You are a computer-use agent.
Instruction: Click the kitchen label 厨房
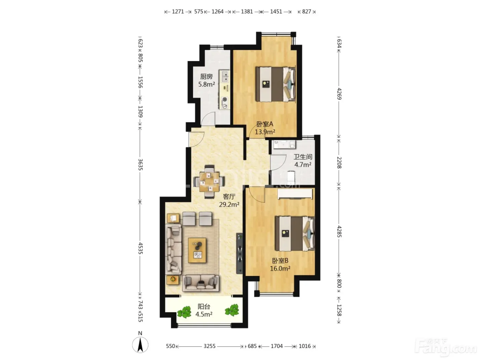tap(206, 76)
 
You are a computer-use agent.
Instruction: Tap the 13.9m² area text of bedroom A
tap(265, 132)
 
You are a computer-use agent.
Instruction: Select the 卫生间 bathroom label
tap(303, 157)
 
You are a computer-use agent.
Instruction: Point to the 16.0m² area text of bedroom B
tap(280, 268)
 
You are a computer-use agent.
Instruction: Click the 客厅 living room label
tap(229, 197)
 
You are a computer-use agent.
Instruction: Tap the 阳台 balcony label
tap(204, 307)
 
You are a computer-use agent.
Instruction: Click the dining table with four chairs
tap(209, 182)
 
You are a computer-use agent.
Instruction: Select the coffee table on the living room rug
tap(197, 250)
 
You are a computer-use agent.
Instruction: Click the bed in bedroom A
tap(276, 84)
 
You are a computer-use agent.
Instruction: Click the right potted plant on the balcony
tap(232, 310)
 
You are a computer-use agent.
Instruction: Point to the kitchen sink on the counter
tap(224, 76)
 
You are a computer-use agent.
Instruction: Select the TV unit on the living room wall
tap(240, 254)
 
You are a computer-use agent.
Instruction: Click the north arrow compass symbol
tap(140, 345)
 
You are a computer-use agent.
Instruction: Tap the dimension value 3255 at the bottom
tap(209, 346)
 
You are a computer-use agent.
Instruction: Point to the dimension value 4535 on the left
tap(140, 248)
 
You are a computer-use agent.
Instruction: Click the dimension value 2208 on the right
tap(339, 163)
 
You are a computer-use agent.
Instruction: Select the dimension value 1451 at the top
tap(276, 11)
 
